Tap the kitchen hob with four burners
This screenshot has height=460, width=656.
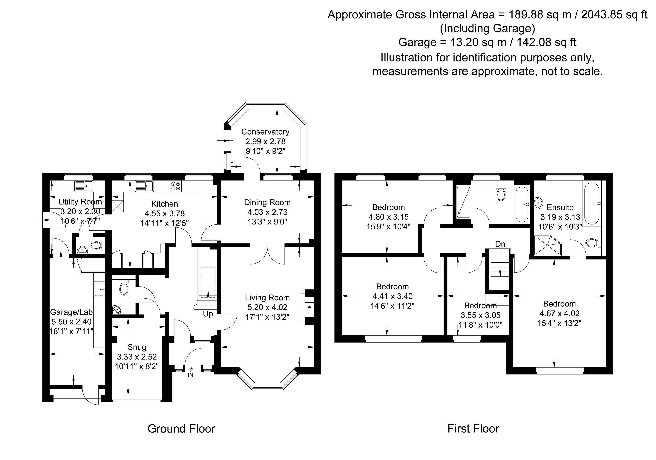pos(175,186)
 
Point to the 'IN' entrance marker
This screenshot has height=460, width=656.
pos(191,375)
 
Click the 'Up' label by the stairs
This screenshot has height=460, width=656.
pos(208,314)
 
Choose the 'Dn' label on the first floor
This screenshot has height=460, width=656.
pos(500,244)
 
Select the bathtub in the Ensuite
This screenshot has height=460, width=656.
pos(592,203)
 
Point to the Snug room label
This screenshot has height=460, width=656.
pos(137,347)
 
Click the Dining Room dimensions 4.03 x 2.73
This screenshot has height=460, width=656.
pos(267,212)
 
